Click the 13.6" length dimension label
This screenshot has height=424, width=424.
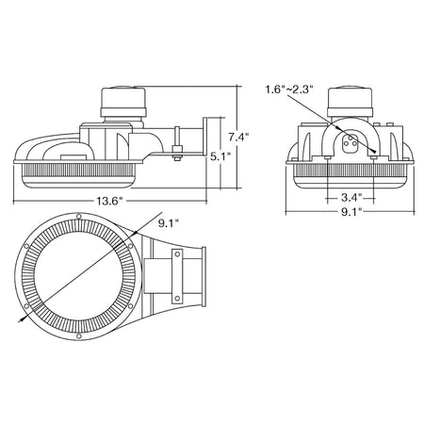point(108,201)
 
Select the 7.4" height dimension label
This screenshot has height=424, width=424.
point(238,138)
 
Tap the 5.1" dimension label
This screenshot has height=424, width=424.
point(220,156)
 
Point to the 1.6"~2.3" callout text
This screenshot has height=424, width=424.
point(289,90)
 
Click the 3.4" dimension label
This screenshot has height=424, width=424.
point(351,198)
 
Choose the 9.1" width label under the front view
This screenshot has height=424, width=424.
point(351,213)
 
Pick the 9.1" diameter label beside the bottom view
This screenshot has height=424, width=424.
point(169,223)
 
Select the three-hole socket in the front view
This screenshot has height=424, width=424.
point(350,143)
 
